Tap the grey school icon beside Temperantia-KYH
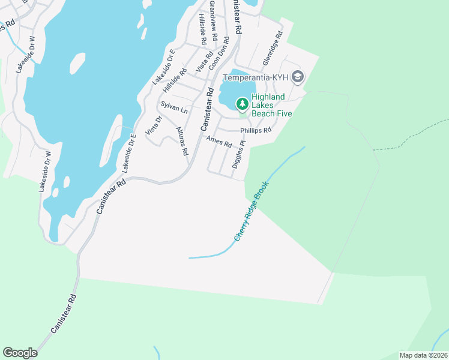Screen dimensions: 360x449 [x=298, y=77]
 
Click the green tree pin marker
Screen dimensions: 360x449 [x=242, y=104]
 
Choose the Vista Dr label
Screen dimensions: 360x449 [x=154, y=126]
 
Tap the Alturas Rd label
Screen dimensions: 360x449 [x=182, y=141]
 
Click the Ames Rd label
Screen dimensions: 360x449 [x=218, y=142]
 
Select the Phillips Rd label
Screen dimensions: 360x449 [x=256, y=130]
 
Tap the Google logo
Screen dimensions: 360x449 [x=20, y=353]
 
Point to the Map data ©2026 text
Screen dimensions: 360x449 [x=423, y=355]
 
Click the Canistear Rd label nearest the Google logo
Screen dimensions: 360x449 [x=64, y=314]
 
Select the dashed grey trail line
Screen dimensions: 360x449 [x=414, y=135]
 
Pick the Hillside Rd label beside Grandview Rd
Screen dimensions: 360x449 [x=203, y=31]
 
